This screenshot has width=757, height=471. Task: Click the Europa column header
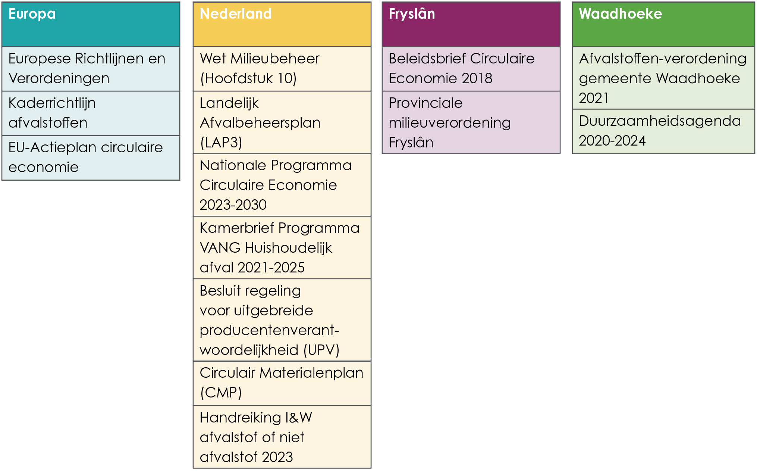click(91, 24)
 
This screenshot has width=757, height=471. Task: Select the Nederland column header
click(282, 24)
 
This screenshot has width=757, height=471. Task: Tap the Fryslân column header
click(471, 24)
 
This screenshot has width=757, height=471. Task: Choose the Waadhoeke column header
click(663, 24)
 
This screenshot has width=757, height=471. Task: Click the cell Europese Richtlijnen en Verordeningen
click(91, 69)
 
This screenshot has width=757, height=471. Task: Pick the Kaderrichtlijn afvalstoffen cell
click(91, 113)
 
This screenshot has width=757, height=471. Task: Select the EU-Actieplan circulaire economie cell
click(91, 157)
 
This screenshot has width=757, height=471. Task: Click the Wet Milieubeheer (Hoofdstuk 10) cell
click(282, 69)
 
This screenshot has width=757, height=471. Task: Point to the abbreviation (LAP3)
click(221, 143)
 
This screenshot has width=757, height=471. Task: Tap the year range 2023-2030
click(233, 205)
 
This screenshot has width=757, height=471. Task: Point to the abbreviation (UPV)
click(321, 350)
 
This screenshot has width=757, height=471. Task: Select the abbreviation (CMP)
click(221, 393)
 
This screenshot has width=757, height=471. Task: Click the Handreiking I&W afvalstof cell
click(282, 437)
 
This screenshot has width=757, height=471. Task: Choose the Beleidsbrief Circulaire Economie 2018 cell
click(471, 69)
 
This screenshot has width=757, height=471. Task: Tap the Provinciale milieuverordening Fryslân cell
click(471, 122)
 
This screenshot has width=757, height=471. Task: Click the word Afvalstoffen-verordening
click(663, 59)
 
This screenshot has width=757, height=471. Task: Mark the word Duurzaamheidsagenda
click(660, 121)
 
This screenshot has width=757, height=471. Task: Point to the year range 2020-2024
click(612, 141)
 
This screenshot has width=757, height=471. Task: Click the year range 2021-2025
click(271, 268)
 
